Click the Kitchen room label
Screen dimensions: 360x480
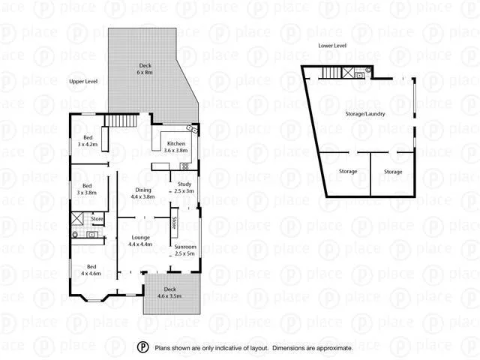(x=176, y=146)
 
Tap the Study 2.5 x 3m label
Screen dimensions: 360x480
(x=184, y=188)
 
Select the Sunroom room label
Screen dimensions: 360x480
(x=184, y=250)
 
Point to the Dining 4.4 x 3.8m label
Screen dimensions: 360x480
(x=142, y=193)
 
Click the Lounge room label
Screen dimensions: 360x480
(x=140, y=241)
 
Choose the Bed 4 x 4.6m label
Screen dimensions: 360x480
(x=91, y=270)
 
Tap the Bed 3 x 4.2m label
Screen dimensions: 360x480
(x=88, y=140)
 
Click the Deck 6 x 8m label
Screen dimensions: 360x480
(x=145, y=69)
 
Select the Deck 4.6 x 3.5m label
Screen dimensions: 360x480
(x=169, y=292)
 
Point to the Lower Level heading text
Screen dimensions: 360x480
(x=331, y=46)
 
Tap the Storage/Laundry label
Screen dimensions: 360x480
(x=365, y=114)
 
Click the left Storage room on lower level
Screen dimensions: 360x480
(x=347, y=172)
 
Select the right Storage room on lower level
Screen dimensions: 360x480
(x=393, y=172)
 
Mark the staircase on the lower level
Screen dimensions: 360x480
(x=331, y=72)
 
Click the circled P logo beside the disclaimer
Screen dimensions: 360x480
(x=142, y=347)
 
